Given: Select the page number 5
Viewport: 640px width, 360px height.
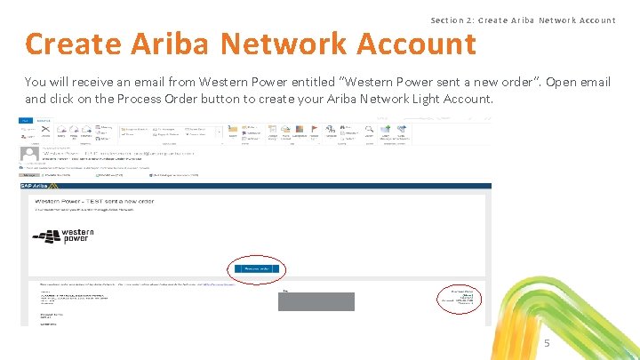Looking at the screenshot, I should pos(547,343).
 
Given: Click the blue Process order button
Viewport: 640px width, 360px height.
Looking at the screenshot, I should pos(256,268).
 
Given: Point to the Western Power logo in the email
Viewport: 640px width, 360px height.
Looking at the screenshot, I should pos(62,236).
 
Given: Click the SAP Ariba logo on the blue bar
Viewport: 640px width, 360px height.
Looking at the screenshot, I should pos(38,187).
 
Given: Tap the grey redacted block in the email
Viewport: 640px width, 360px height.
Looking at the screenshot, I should pos(316,300).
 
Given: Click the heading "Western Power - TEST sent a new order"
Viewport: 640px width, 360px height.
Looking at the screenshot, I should pos(94,202).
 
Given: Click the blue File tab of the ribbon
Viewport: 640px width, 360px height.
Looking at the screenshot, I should pos(28,120).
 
